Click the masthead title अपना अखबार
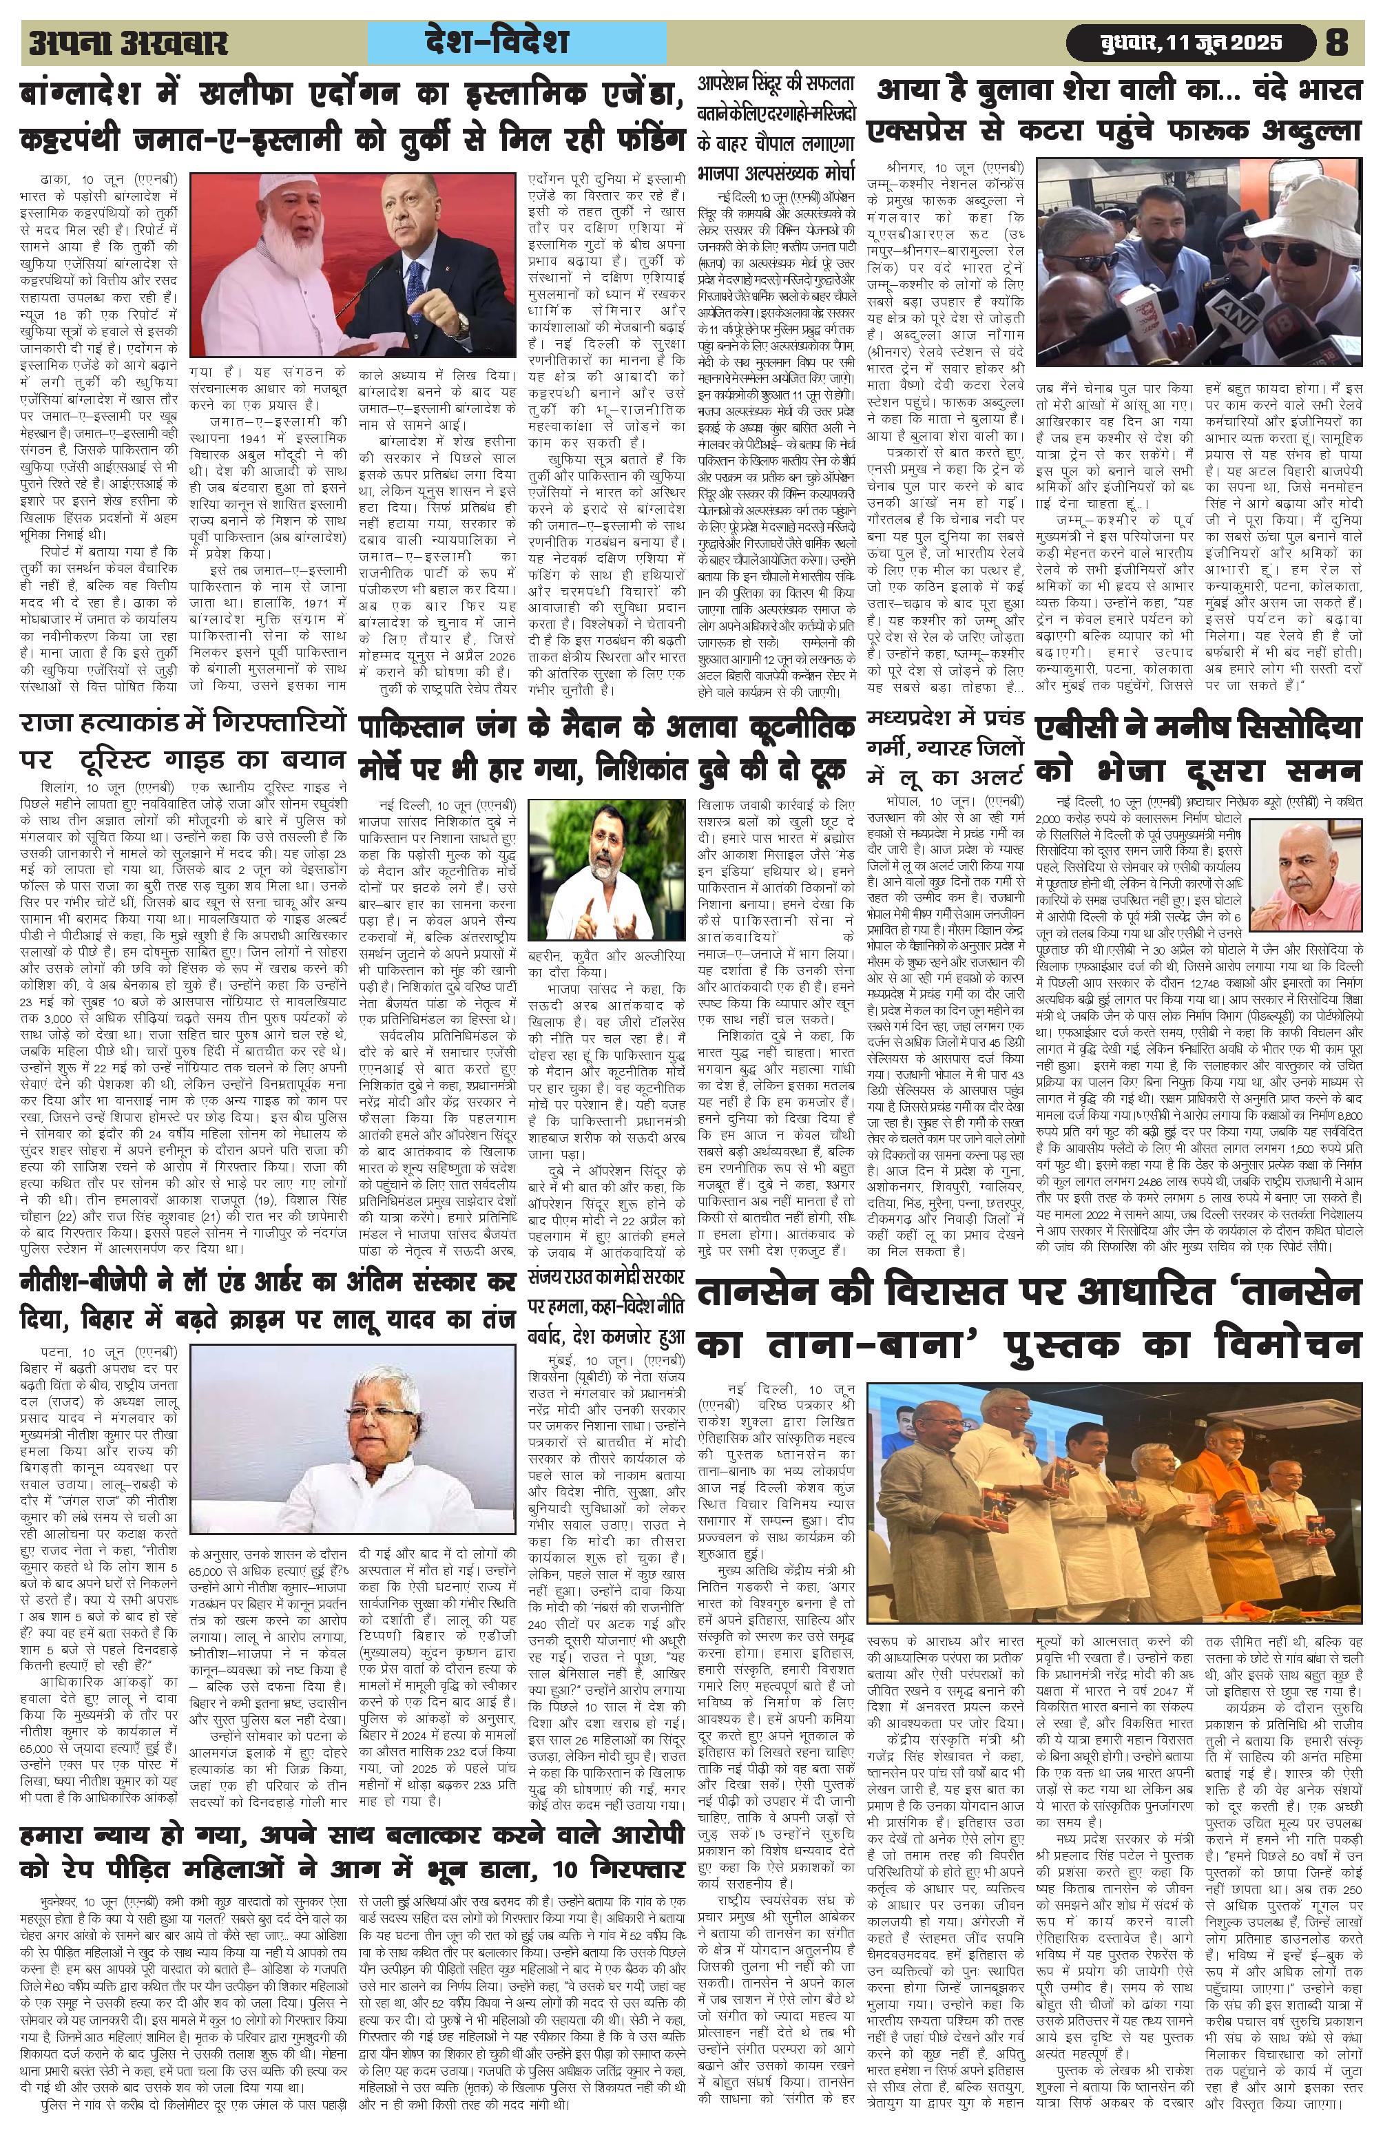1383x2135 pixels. tap(128, 43)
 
